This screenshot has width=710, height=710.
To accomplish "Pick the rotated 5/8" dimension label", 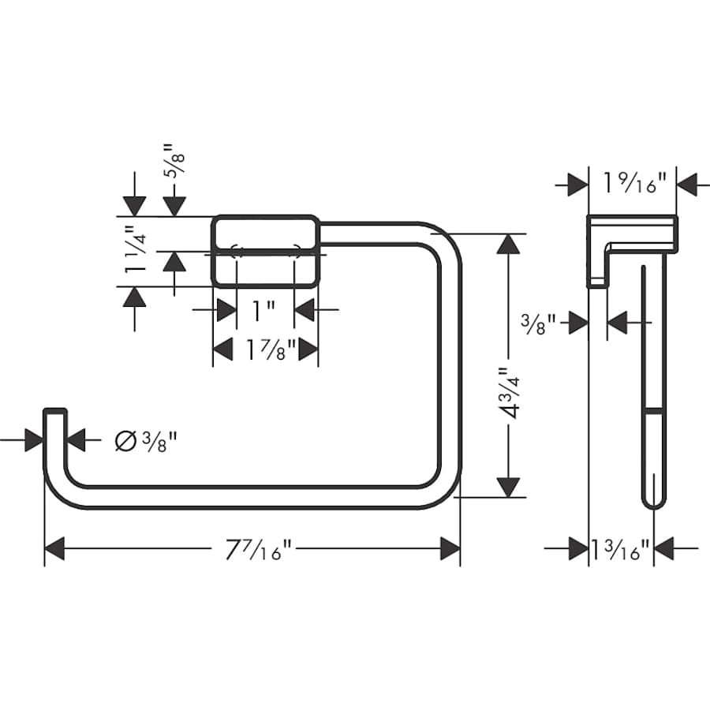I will (x=170, y=161).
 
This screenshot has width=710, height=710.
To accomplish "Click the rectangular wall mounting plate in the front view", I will (x=265, y=251).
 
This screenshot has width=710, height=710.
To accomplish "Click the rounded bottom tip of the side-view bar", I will (x=652, y=502).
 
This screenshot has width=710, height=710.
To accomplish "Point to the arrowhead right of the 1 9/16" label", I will (x=687, y=185).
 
